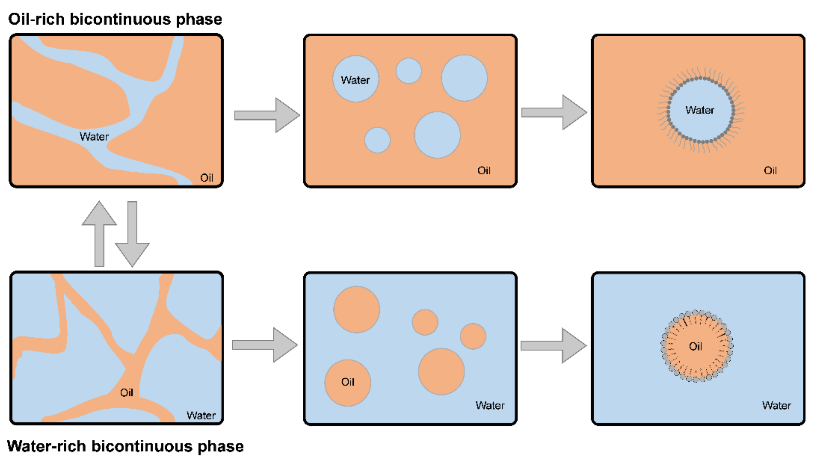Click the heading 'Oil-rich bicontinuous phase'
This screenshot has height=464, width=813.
tap(115, 19)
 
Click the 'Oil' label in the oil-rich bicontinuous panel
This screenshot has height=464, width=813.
tap(207, 178)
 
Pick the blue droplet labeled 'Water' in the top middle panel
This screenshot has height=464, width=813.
tap(355, 79)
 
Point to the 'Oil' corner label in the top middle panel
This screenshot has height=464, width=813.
tap(484, 171)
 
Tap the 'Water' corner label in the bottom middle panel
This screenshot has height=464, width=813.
tap(490, 405)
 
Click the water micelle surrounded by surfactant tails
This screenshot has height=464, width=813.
tap(701, 110)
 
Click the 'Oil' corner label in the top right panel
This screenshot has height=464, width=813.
tap(770, 171)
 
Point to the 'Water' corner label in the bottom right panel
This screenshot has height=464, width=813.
tap(776, 405)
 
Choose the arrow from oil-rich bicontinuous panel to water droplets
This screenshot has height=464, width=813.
tap(267, 115)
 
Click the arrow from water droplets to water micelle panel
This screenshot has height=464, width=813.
tap(554, 112)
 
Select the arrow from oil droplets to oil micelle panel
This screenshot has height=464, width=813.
tap(554, 346)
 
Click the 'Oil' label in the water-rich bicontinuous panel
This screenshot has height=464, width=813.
tap(126, 393)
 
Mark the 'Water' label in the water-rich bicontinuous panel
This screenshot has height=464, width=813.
tap(201, 415)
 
